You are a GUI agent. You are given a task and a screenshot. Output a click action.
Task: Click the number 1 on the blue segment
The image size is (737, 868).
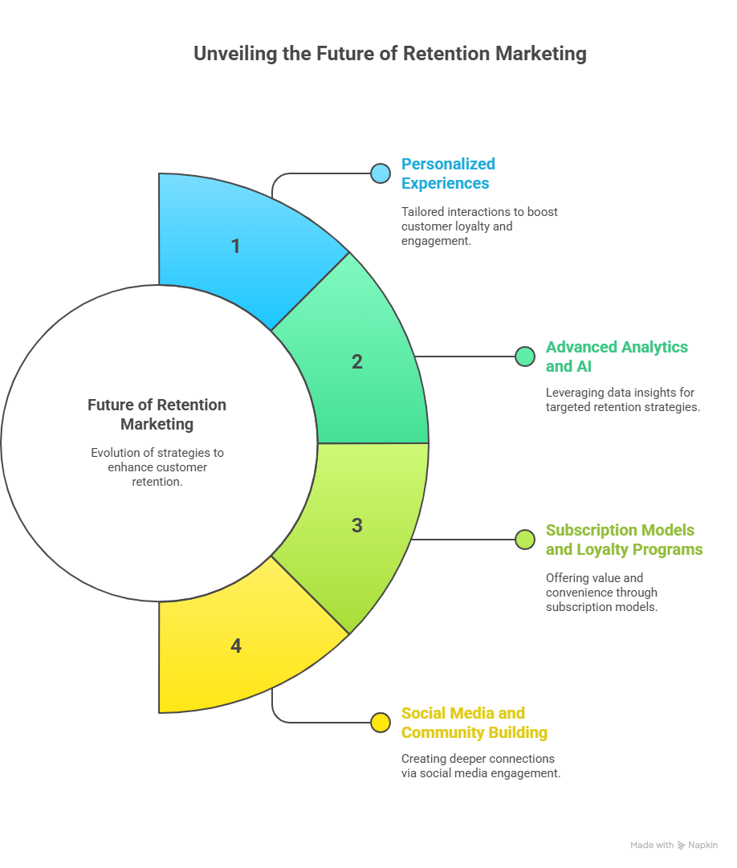point(236,247)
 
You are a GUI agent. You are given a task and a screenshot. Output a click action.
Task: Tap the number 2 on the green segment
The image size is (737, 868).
point(357,361)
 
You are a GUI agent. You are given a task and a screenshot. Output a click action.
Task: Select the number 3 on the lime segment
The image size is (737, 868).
point(357,525)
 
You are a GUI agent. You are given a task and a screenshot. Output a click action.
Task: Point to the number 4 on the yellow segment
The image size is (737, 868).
point(236,646)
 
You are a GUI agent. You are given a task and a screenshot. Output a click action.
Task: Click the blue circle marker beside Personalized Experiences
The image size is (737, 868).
point(381,173)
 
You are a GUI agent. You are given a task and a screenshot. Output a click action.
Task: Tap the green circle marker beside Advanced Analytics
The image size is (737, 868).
point(525,357)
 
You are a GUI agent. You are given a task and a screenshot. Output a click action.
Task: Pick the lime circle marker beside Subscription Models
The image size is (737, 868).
point(525,539)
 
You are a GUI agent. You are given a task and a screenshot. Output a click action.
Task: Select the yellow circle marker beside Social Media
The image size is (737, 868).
point(381,723)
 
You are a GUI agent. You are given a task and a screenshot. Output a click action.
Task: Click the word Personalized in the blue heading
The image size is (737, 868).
point(448,164)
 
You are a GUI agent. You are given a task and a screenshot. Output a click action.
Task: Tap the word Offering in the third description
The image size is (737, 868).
point(567,578)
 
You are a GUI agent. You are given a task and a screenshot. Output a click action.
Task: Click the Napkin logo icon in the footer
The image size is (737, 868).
point(681,846)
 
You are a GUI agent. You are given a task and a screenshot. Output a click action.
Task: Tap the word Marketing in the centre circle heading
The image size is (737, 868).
point(157,424)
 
